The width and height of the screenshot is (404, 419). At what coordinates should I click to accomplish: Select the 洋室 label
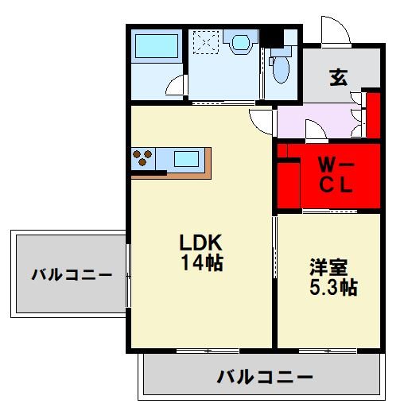click(x=328, y=268)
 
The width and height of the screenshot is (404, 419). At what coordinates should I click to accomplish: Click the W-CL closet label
click(x=336, y=176)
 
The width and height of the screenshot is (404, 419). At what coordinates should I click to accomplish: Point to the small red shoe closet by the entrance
click(x=372, y=116)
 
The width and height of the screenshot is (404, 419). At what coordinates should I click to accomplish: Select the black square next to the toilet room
click(x=275, y=37)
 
